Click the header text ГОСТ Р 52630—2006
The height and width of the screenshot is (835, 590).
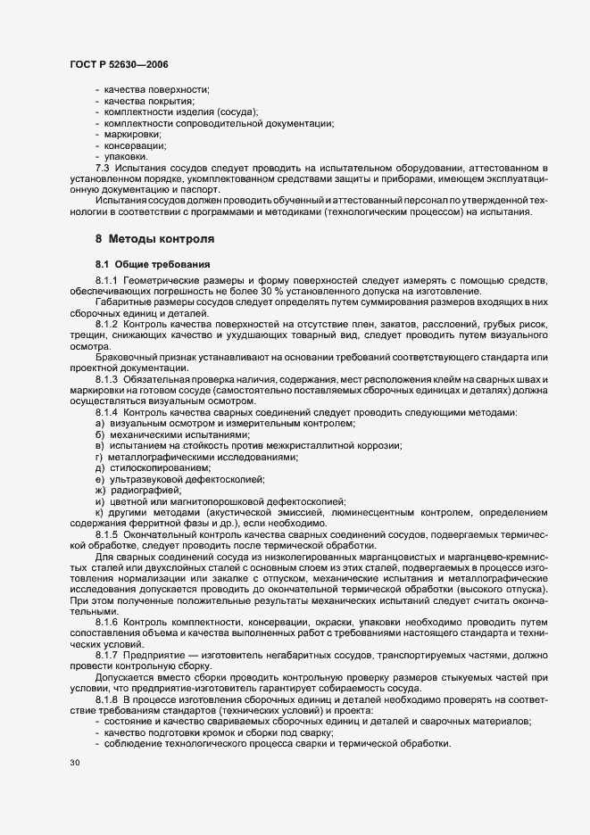click(x=118, y=65)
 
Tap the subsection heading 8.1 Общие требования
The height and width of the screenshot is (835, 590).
click(x=153, y=264)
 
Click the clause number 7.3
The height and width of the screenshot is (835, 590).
click(x=102, y=168)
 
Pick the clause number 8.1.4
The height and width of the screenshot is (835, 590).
click(x=107, y=411)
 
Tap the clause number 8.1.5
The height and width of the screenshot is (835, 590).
click(x=107, y=534)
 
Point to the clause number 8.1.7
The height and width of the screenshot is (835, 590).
click(x=107, y=654)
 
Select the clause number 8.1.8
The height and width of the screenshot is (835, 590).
click(x=107, y=700)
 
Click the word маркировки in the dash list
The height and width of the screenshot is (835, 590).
click(x=133, y=134)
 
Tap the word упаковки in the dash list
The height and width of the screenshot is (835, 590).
click(x=129, y=156)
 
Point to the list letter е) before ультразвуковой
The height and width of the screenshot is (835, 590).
click(x=100, y=479)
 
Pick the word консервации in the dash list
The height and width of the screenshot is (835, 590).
click(x=135, y=145)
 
